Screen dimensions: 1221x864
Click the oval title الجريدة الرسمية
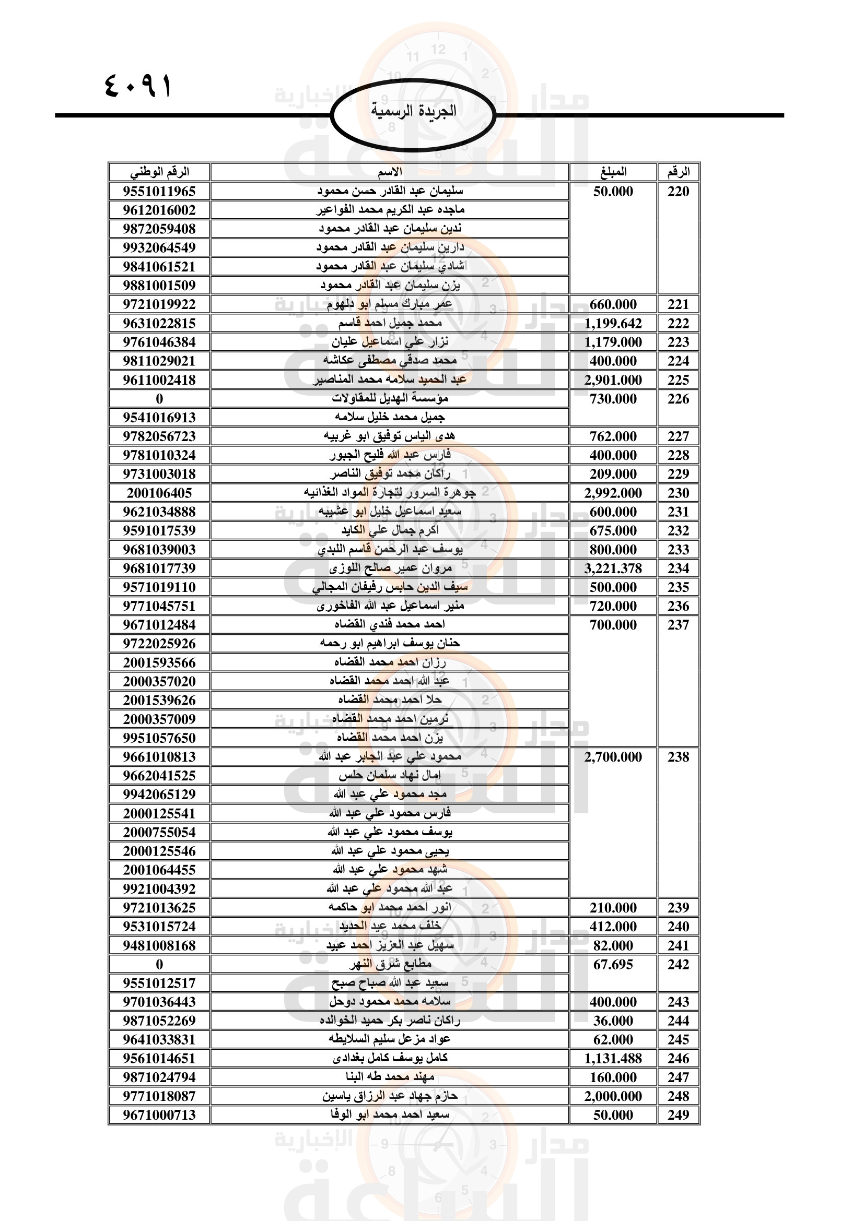413,112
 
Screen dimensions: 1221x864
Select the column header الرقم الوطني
159,172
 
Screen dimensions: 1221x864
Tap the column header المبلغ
613,172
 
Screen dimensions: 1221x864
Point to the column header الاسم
390,172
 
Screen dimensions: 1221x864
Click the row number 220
678,192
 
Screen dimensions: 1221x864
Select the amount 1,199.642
613,323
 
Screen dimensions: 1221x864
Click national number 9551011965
159,192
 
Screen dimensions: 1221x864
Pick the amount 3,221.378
613,568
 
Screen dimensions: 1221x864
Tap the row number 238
678,757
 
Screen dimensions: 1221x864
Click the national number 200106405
159,493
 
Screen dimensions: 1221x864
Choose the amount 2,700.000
613,757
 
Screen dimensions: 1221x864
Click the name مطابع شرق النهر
390,964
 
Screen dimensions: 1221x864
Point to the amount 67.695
613,964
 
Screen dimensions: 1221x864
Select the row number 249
678,1115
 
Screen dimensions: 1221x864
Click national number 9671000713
159,1115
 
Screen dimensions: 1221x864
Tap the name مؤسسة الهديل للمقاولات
390,398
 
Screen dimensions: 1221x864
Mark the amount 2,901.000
613,380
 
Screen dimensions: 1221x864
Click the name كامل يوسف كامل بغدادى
390,1058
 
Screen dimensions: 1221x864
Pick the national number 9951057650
159,738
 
